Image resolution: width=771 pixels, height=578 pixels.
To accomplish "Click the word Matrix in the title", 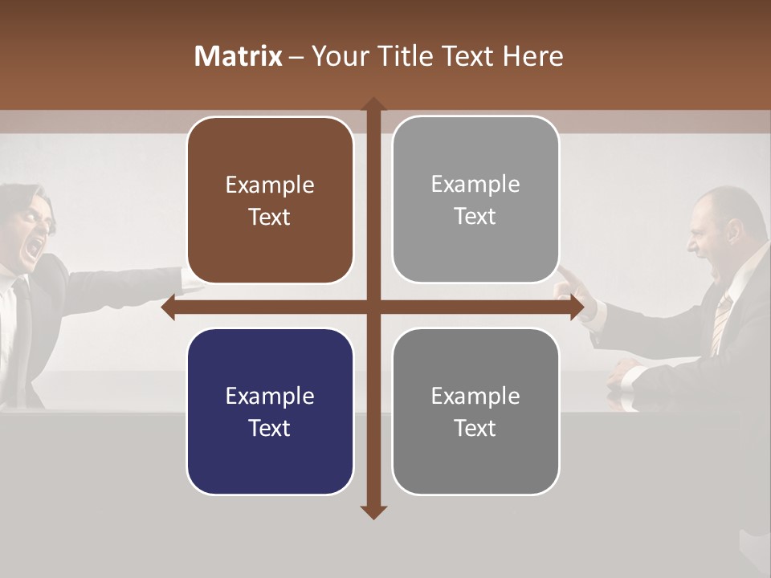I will [x=238, y=56].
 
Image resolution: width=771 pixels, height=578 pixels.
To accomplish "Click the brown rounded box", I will [x=270, y=200].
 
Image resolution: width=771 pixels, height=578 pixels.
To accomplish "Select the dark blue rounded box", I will [x=270, y=411].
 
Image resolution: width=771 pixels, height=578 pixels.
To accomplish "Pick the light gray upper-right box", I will [x=475, y=199].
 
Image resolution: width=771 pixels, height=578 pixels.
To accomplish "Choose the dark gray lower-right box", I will [x=475, y=411].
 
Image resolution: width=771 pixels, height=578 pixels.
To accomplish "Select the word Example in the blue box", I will [x=270, y=396].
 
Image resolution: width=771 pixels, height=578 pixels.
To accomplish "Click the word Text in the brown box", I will [x=270, y=218].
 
